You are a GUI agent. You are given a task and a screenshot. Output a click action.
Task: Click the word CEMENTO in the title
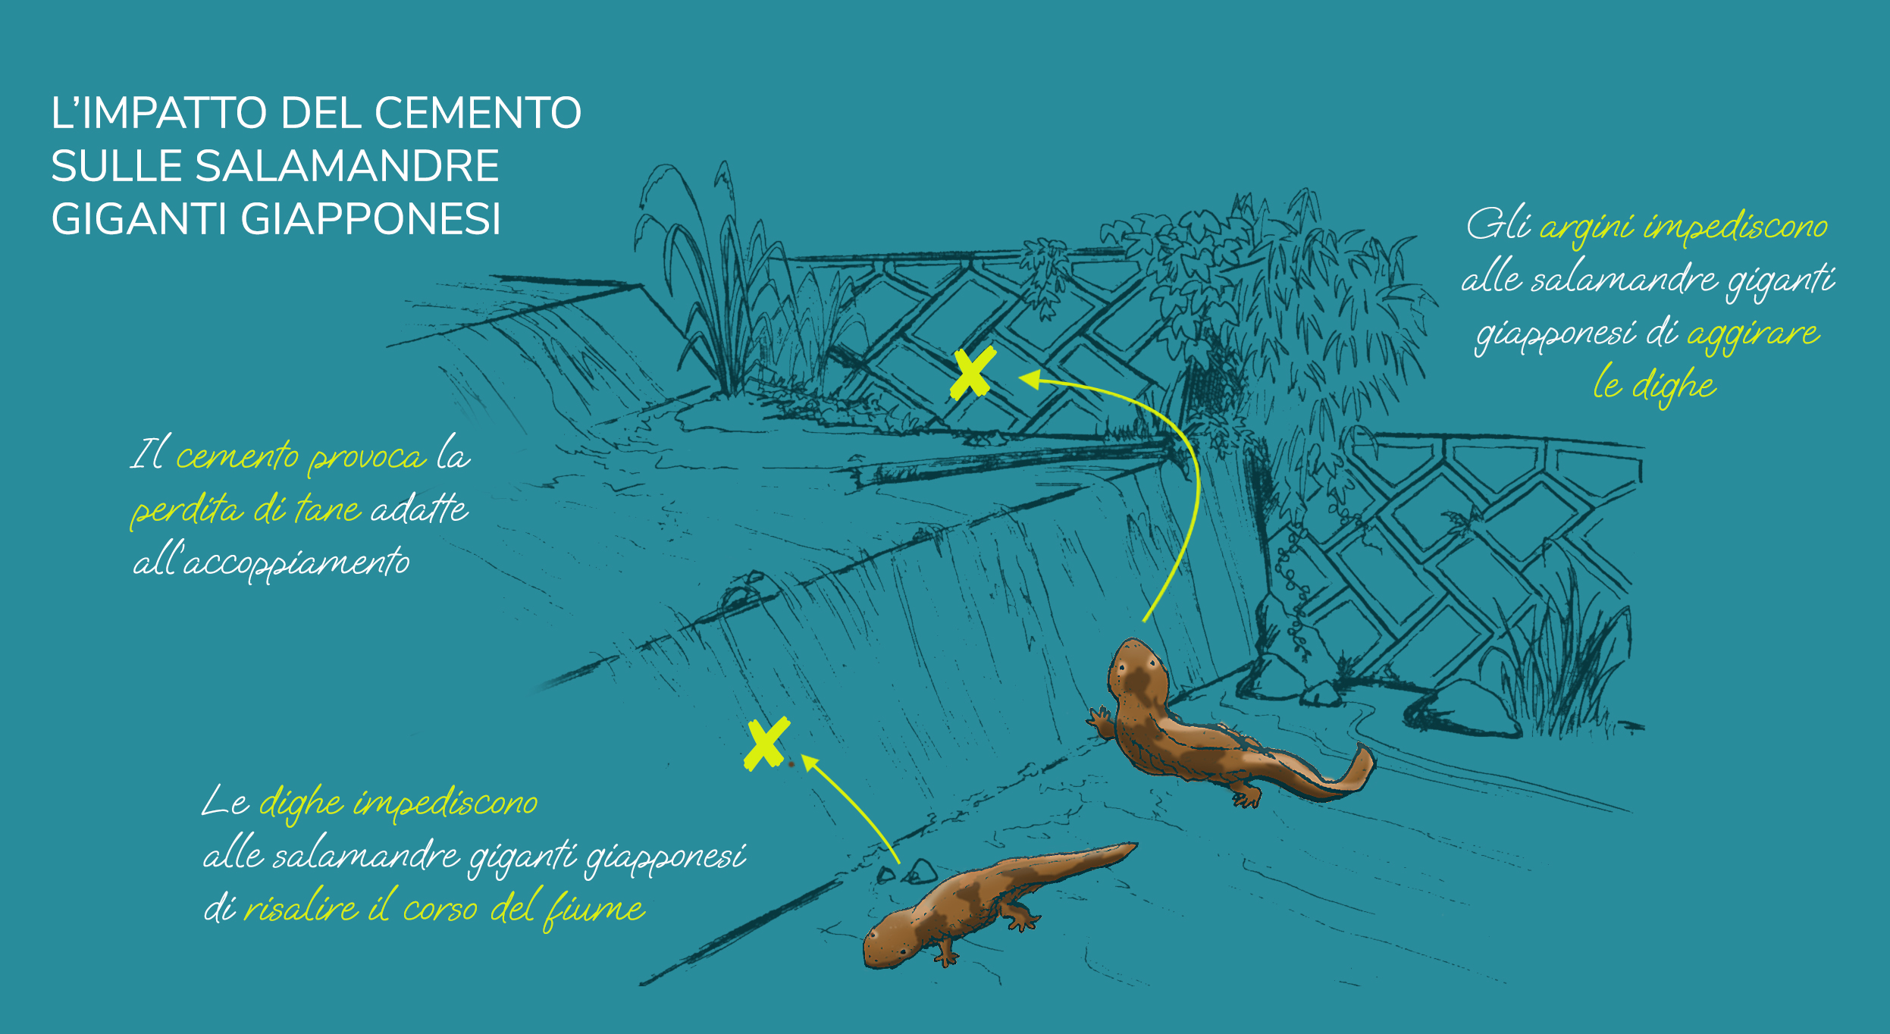[478, 113]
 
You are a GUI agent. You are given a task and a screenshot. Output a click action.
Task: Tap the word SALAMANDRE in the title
[347, 166]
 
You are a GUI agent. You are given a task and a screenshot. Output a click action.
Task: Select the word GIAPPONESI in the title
[371, 219]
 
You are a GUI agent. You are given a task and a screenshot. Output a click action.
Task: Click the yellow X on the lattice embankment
[973, 374]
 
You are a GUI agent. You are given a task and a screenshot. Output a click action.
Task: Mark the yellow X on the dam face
[766, 744]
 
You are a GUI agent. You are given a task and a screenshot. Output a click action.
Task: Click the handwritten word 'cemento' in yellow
[237, 456]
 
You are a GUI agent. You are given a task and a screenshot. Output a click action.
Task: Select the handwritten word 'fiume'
[595, 907]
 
